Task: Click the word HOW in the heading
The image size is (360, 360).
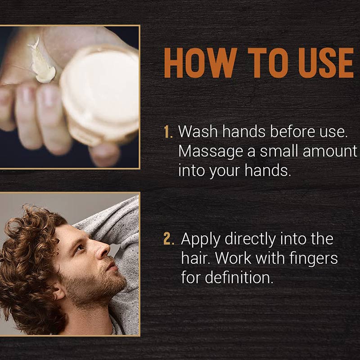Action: coord(200,63)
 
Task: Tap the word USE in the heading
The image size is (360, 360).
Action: coord(326,63)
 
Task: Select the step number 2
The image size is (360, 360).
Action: coord(169,239)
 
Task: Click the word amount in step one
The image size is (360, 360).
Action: coord(330,152)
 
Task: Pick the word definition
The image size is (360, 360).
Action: coord(239,277)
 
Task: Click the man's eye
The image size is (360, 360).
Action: coord(80,248)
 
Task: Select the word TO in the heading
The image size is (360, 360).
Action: coord(268,63)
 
